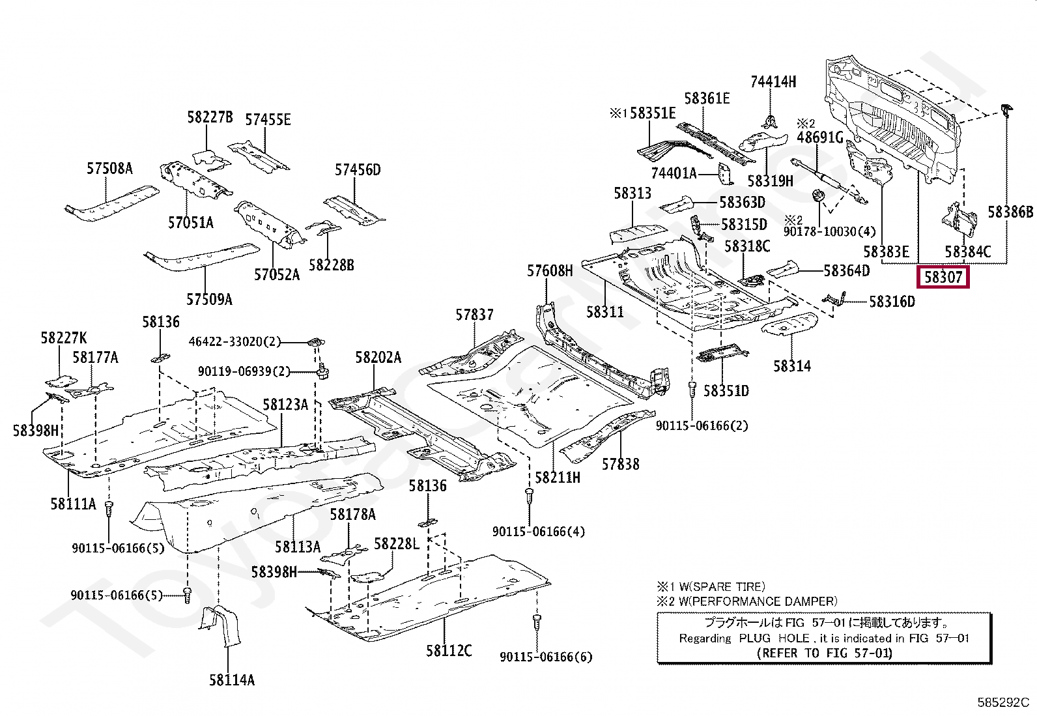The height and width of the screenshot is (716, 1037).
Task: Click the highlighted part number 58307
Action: pyautogui.click(x=943, y=277)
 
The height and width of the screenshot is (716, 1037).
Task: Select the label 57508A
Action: pyautogui.click(x=109, y=169)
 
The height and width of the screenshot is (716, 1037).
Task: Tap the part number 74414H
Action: pyautogui.click(x=773, y=82)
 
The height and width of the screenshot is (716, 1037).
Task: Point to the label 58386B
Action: pyautogui.click(x=1010, y=212)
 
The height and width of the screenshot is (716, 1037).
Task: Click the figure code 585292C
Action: pyautogui.click(x=1002, y=702)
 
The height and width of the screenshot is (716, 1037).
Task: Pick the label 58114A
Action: pyautogui.click(x=232, y=680)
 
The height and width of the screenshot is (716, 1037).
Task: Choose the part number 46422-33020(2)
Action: pyautogui.click(x=234, y=341)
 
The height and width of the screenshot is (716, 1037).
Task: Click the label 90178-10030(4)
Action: pyautogui.click(x=829, y=232)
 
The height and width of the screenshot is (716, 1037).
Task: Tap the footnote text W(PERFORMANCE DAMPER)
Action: pyautogui.click(x=758, y=601)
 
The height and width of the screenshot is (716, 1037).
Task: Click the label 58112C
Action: pyautogui.click(x=449, y=650)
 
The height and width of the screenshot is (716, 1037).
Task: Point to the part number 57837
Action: pyautogui.click(x=474, y=315)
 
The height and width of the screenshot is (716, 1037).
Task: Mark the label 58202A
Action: pyautogui.click(x=378, y=358)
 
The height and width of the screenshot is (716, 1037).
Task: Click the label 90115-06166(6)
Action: pyautogui.click(x=546, y=657)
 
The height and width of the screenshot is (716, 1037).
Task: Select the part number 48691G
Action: pyautogui.click(x=820, y=137)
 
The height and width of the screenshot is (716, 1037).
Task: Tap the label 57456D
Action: pyautogui.click(x=358, y=170)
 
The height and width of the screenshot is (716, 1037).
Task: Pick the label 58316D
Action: pyautogui.click(x=892, y=302)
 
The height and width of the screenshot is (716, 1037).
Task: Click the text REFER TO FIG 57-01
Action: pyautogui.click(x=824, y=653)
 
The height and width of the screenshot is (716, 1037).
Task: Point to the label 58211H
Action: pyautogui.click(x=558, y=478)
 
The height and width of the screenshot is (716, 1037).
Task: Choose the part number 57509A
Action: pyautogui.click(x=209, y=300)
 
